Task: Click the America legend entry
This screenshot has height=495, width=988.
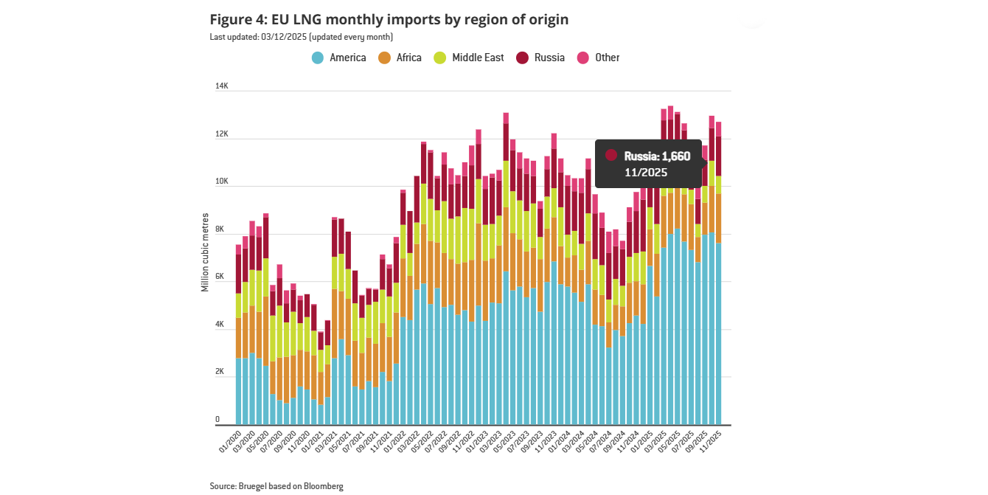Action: click(x=339, y=58)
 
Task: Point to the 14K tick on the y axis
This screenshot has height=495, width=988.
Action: click(x=222, y=86)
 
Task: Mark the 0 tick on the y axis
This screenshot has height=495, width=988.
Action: click(x=218, y=420)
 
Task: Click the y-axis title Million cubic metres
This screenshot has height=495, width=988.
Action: click(x=205, y=252)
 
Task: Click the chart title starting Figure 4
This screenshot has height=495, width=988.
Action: click(x=389, y=19)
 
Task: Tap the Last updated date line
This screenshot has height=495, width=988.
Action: click(x=301, y=37)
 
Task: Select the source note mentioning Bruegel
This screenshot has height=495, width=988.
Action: click(x=276, y=486)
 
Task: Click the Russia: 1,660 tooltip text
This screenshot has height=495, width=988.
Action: click(x=657, y=156)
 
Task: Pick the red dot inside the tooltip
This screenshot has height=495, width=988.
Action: click(x=610, y=155)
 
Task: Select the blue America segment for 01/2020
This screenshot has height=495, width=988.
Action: click(x=239, y=391)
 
